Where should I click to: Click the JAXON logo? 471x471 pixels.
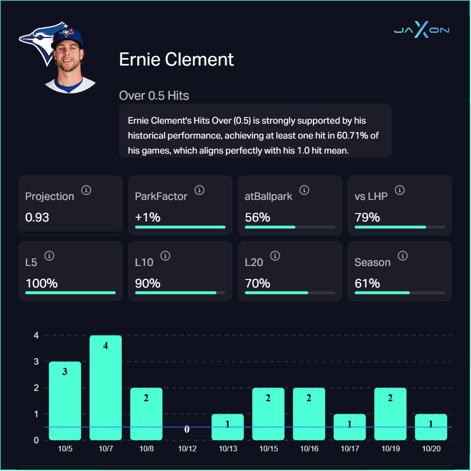[x=421, y=30]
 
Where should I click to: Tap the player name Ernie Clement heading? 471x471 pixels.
[x=177, y=59]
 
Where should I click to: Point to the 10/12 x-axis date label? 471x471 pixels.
[x=187, y=449]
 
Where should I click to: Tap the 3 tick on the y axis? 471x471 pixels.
[x=36, y=361]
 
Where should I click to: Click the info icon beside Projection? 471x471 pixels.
[x=86, y=190]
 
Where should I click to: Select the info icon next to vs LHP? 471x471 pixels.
[x=399, y=190]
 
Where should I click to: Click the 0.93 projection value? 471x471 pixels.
[x=37, y=217]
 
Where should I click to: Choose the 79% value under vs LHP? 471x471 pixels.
[x=367, y=217]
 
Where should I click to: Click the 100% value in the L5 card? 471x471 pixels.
[x=41, y=283]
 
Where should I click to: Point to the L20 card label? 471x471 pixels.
[x=254, y=262]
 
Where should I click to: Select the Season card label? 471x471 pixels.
[x=372, y=262]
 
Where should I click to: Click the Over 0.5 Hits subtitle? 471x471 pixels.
[x=154, y=96]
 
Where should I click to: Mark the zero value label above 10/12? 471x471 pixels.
[x=187, y=429]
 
